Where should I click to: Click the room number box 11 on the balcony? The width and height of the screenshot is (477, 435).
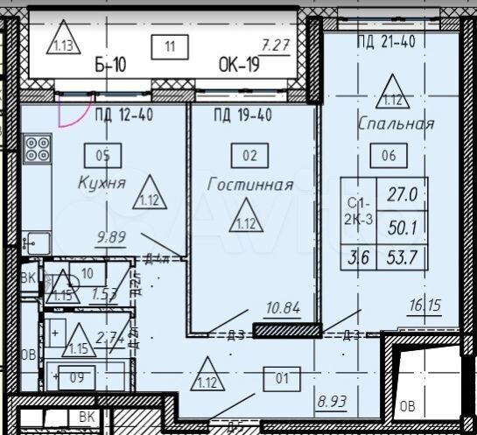pyautogui.click(x=169, y=46)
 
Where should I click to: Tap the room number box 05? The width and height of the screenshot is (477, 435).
pyautogui.click(x=103, y=157)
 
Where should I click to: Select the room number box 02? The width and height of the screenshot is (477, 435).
pyautogui.click(x=249, y=157)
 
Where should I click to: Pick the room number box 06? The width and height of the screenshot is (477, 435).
pyautogui.click(x=389, y=157)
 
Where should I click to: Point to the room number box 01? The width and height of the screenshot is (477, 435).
pyautogui.click(x=280, y=379)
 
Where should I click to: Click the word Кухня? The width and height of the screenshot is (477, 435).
pyautogui.click(x=102, y=183)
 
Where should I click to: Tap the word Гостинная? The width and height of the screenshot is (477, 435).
pyautogui.click(x=249, y=184)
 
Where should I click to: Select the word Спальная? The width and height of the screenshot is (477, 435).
pyautogui.click(x=396, y=124)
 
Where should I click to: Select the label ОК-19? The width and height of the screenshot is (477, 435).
pyautogui.click(x=239, y=65)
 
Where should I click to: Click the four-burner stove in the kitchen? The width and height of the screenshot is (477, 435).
pyautogui.click(x=38, y=149)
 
